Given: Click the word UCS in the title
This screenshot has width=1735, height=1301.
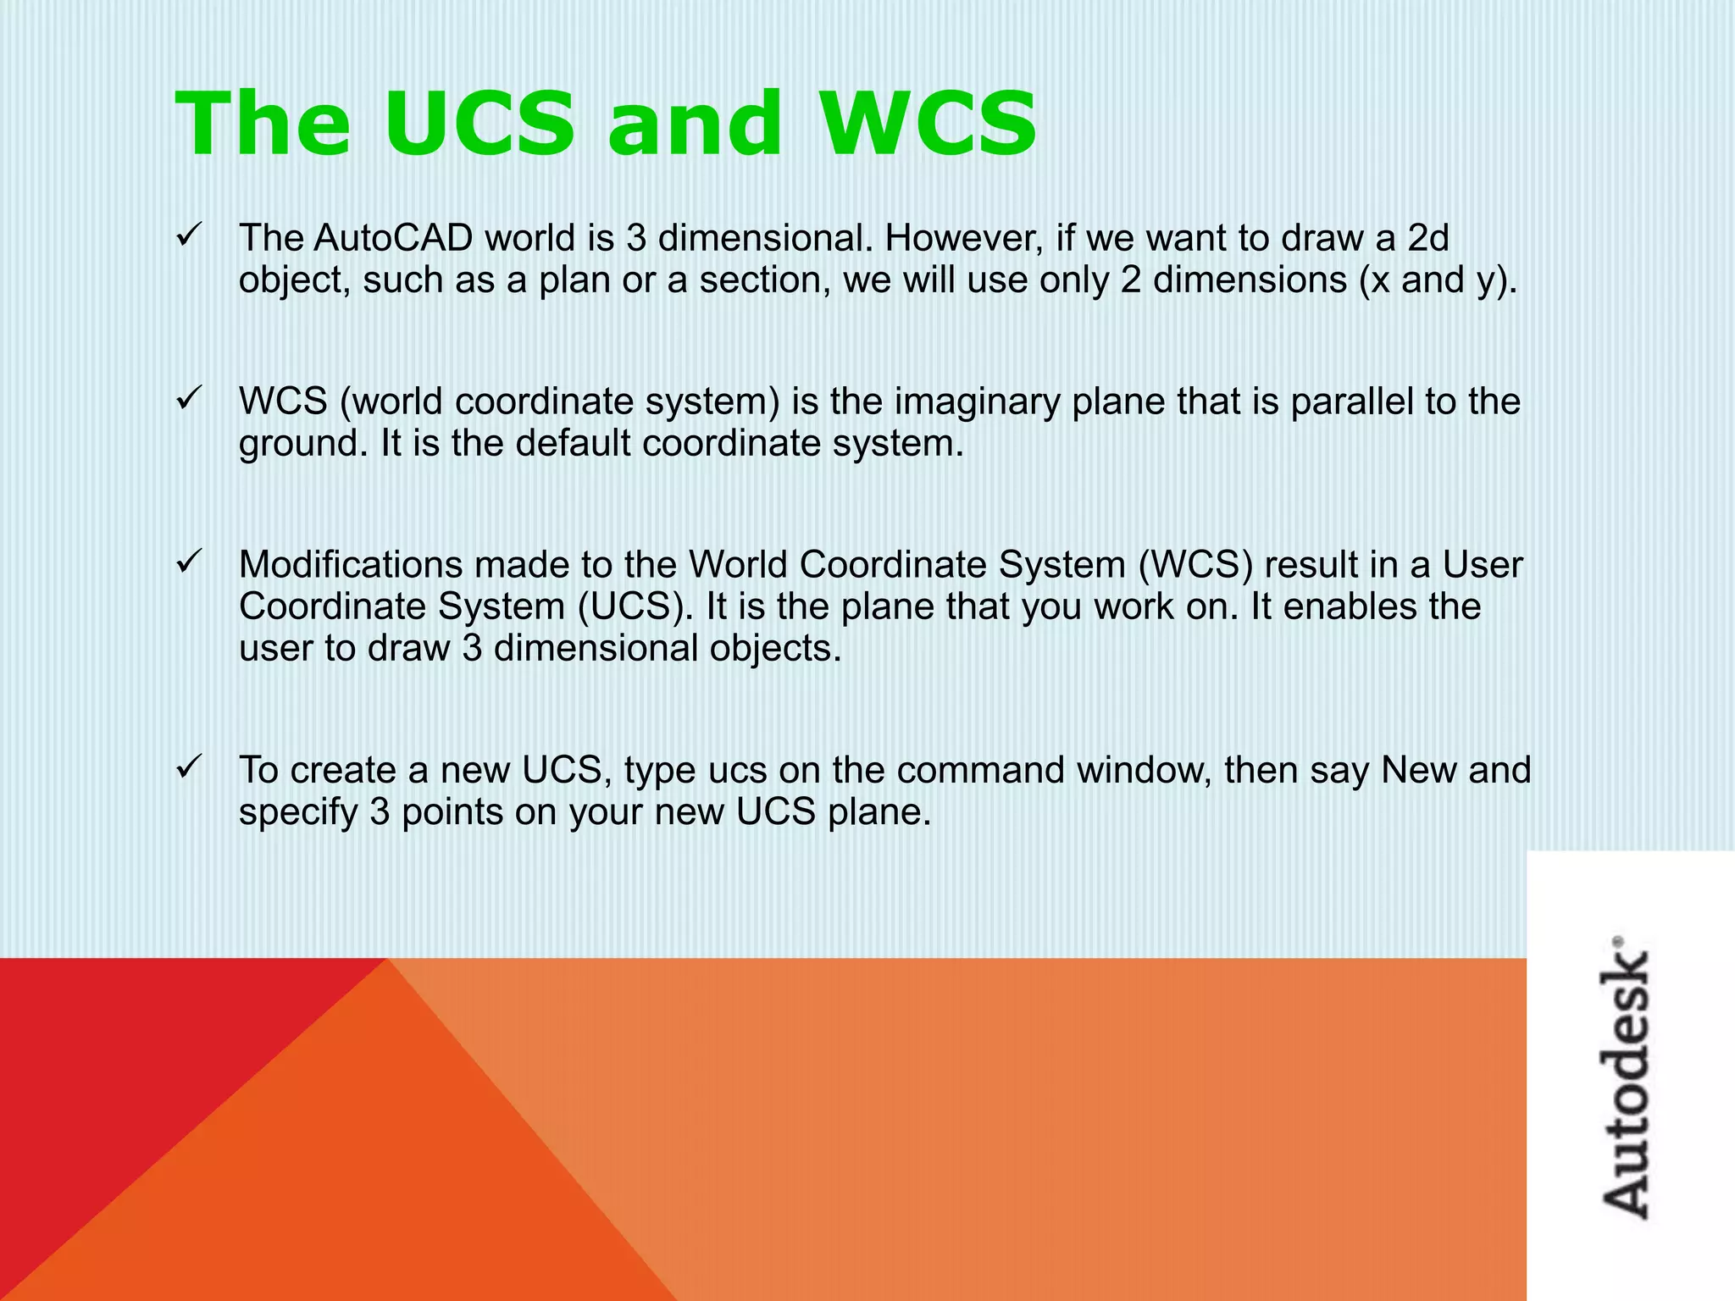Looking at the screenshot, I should [x=479, y=124].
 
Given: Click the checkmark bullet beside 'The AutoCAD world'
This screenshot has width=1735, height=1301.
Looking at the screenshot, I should [x=186, y=235].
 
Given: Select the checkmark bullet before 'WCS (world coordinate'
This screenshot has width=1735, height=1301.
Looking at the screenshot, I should [x=186, y=398].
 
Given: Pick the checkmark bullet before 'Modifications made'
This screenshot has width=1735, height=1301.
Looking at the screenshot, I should [x=186, y=561].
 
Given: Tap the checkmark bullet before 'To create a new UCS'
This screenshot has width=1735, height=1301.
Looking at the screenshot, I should [x=186, y=767].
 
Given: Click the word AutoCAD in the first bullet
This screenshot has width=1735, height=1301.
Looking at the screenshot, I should [x=393, y=238].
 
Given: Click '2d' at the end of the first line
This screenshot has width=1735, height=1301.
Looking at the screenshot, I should [x=1427, y=238].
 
